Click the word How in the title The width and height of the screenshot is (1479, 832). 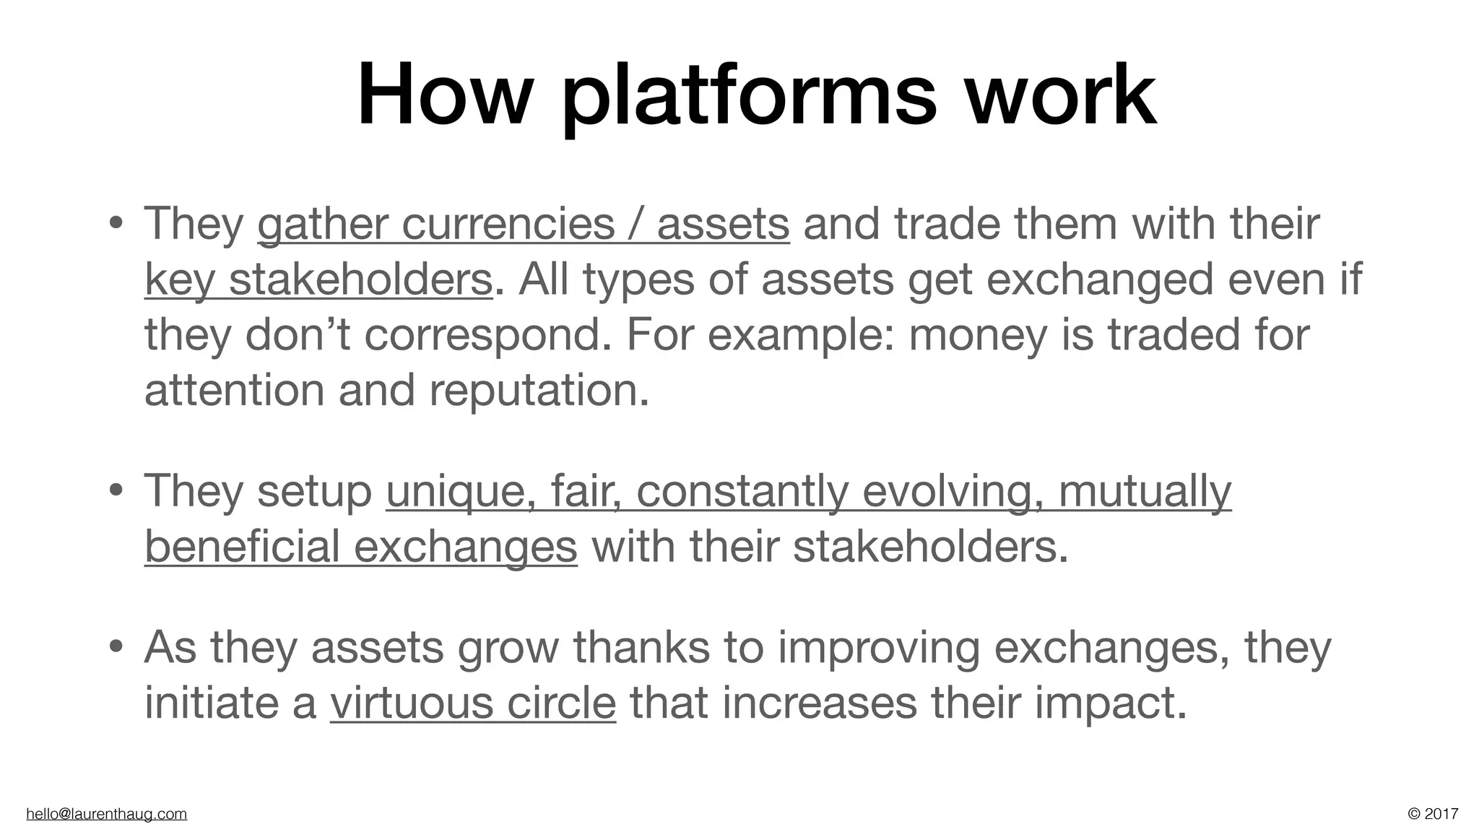[443, 95]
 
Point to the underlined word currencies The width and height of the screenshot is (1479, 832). [508, 224]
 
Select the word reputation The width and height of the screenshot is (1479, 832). [539, 391]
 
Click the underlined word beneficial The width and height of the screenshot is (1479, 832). [242, 546]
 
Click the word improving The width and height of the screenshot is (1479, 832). [879, 649]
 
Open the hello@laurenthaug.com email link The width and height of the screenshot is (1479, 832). [106, 814]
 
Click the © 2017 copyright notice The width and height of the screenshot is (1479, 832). [1433, 814]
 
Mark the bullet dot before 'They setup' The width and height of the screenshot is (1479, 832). [115, 493]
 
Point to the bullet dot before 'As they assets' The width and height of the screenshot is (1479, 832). [115, 648]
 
